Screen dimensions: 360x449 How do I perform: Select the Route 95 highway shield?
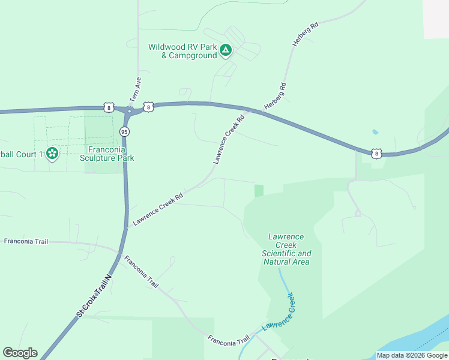(x=124, y=131)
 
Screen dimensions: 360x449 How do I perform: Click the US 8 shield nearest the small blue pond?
(x=376, y=154)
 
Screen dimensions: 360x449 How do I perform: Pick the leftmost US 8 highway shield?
(x=108, y=107)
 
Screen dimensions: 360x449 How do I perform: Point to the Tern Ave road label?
(x=134, y=89)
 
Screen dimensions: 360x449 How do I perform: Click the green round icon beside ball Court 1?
(x=52, y=154)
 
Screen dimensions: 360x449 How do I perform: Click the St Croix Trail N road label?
(x=94, y=296)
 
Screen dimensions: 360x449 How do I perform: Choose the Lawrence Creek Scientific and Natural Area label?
(x=286, y=249)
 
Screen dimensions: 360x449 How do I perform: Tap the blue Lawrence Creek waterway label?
(x=280, y=312)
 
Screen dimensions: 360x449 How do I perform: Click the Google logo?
(x=20, y=353)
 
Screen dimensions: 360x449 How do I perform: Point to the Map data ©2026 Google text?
(x=412, y=355)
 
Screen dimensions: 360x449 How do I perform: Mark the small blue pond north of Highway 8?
(x=375, y=131)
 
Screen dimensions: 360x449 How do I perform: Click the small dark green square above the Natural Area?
(x=259, y=190)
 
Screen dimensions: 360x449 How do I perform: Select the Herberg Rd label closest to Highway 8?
(x=275, y=97)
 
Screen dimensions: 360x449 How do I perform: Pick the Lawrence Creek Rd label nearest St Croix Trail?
(x=157, y=209)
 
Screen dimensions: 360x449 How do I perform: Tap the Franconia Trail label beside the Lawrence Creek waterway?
(x=229, y=340)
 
